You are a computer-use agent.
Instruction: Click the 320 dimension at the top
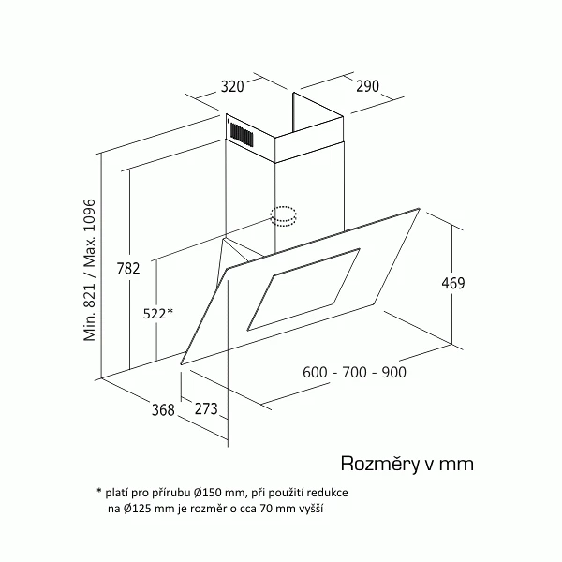point(232,86)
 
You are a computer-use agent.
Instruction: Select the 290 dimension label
point(367,86)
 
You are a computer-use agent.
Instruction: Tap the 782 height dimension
point(128,268)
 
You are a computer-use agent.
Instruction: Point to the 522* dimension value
point(158,313)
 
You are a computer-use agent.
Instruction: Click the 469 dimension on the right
point(453,283)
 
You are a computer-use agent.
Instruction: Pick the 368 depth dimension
point(163,409)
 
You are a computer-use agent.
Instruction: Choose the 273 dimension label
point(206,408)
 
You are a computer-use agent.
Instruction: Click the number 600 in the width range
point(315,372)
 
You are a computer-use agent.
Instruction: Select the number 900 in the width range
point(394,372)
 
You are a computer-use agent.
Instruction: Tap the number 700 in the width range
point(354,372)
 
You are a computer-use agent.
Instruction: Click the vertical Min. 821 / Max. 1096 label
point(90,270)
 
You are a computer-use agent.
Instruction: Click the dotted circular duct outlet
point(283,216)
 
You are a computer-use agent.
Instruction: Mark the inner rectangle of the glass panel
point(303,289)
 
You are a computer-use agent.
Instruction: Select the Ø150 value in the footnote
point(208,493)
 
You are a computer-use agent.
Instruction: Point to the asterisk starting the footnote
point(99,490)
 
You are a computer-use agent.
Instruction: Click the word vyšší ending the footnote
point(311,509)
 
